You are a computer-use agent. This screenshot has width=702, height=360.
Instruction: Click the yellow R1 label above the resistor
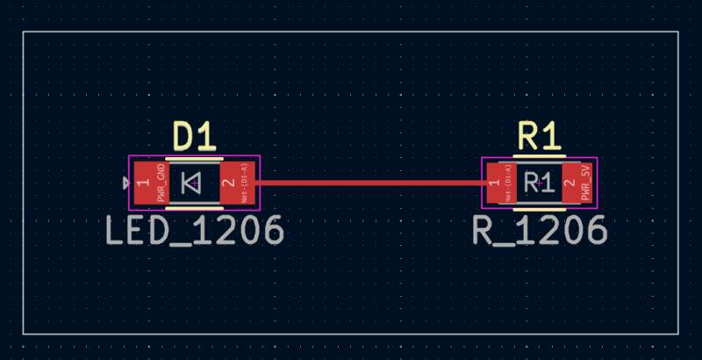click(x=538, y=136)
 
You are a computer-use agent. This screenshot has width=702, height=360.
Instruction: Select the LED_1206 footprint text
click(x=195, y=231)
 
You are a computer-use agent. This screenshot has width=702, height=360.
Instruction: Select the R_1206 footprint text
click(x=540, y=231)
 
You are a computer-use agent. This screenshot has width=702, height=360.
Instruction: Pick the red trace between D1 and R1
click(x=369, y=183)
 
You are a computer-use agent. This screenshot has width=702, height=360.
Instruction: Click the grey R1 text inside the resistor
click(x=535, y=183)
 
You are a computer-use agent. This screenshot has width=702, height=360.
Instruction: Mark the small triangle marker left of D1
click(x=127, y=183)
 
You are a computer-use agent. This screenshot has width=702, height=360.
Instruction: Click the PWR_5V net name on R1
click(x=586, y=184)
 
